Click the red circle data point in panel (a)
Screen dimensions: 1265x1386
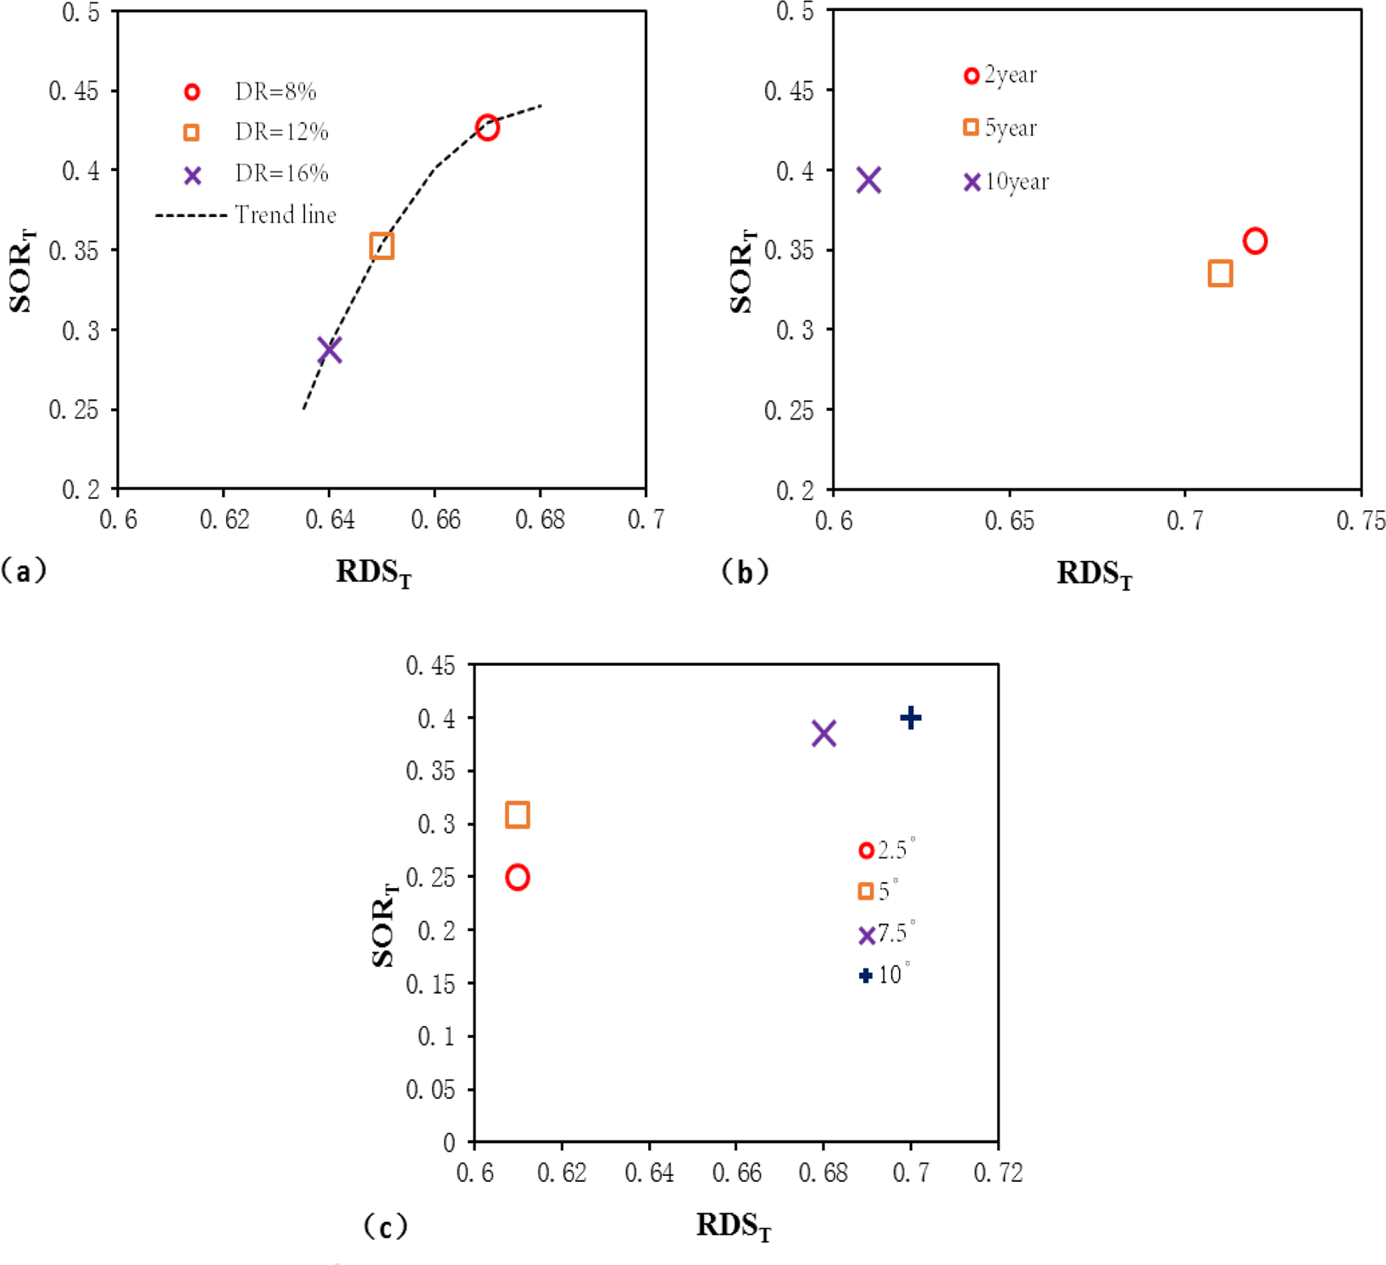tap(486, 128)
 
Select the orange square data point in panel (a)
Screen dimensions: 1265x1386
tap(381, 247)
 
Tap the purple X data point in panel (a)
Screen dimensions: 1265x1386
tap(330, 349)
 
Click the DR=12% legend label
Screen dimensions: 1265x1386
tap(281, 132)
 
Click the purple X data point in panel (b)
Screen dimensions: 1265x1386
tap(868, 180)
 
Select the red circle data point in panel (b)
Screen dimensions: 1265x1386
tap(1255, 241)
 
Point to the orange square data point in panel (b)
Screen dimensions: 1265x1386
tap(1219, 274)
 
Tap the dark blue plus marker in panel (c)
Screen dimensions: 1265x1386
tap(910, 718)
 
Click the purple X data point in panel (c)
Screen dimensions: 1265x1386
tap(823, 734)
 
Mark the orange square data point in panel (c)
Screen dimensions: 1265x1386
tap(517, 815)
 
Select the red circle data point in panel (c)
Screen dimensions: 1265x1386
tap(517, 878)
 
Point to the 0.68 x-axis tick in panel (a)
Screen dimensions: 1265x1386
tap(541, 519)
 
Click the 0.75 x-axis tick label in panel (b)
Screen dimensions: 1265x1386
tap(1361, 520)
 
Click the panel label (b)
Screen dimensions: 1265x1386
tap(745, 572)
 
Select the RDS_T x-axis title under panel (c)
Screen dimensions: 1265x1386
tap(734, 1226)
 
